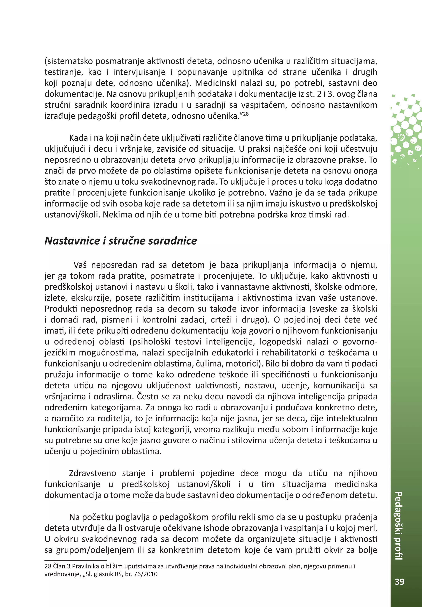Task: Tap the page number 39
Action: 400,582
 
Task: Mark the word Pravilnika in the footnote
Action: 84,567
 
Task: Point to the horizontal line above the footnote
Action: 76,560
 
